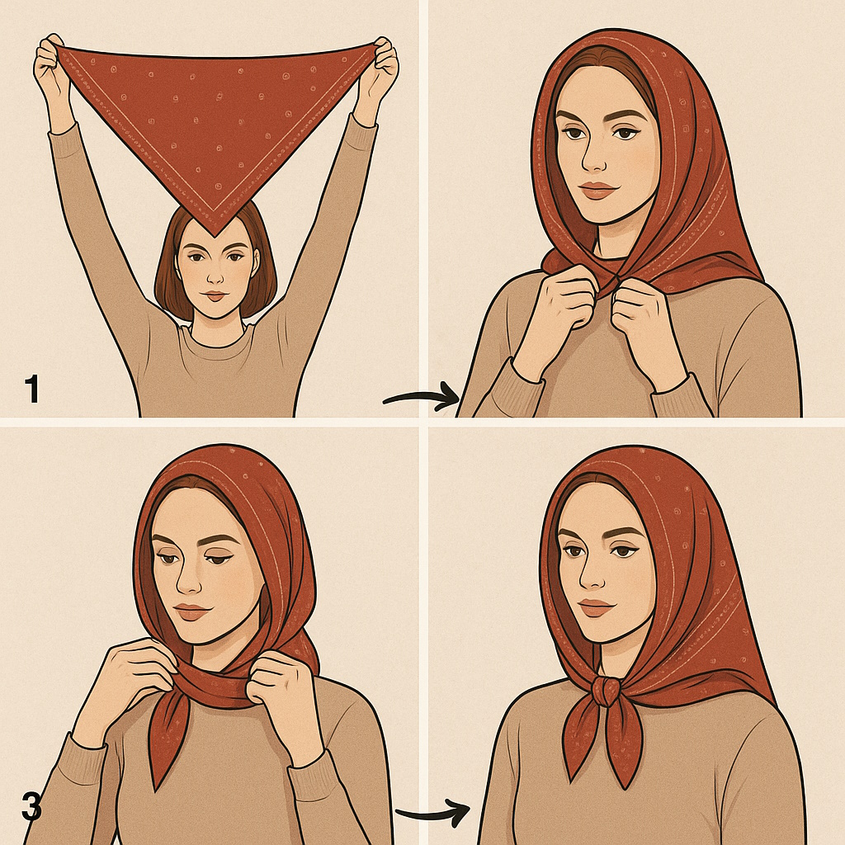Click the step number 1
pyautogui.click(x=31, y=389)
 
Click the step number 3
pyautogui.click(x=31, y=807)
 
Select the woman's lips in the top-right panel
pyautogui.click(x=597, y=190)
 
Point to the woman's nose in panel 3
pyautogui.click(x=188, y=578)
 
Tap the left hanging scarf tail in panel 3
pyautogui.click(x=165, y=739)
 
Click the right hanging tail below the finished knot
pyautogui.click(x=628, y=743)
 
